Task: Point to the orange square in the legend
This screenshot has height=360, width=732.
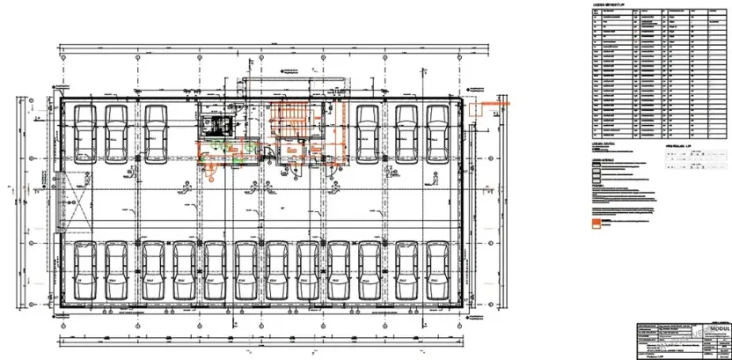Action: click(x=598, y=224)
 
